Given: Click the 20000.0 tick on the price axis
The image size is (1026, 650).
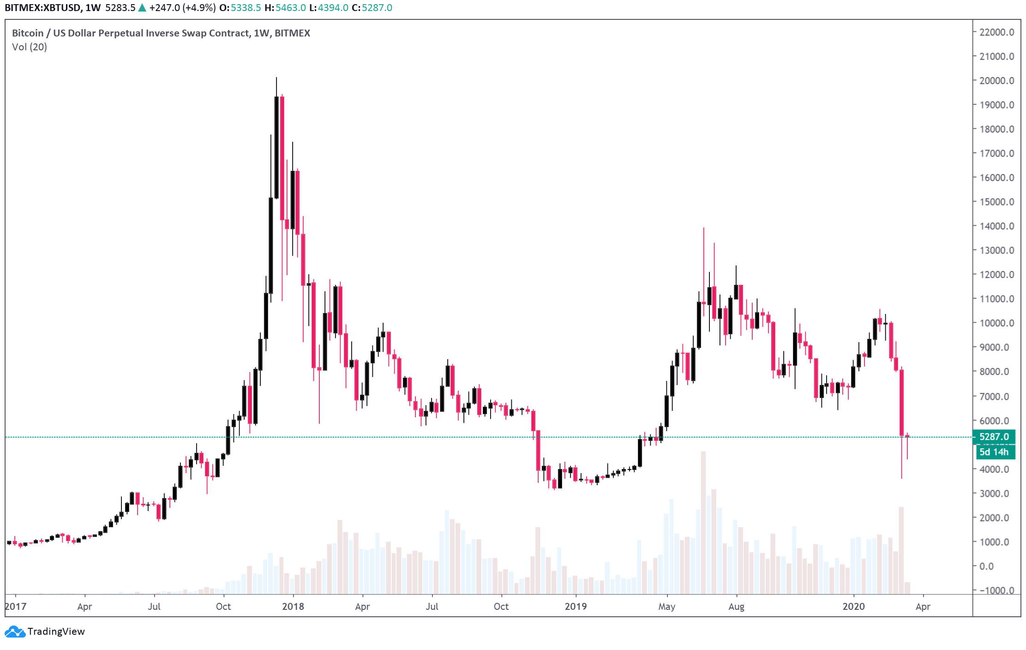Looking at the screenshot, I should (x=996, y=81).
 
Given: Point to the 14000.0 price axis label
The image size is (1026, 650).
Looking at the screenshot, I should (x=996, y=226).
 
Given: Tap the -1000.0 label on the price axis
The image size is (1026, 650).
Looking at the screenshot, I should (x=996, y=590).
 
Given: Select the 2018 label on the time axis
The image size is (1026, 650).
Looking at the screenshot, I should (x=293, y=607).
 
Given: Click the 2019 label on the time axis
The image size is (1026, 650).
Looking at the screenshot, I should (x=576, y=607).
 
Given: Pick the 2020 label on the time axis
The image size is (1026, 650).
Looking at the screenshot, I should (x=853, y=607).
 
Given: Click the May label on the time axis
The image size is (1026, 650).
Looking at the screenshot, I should (x=666, y=607).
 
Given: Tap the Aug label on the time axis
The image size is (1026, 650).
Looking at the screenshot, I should (x=736, y=607).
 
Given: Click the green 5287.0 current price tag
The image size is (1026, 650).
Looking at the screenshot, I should (x=994, y=437).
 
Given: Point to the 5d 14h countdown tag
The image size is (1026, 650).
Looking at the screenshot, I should (x=994, y=452).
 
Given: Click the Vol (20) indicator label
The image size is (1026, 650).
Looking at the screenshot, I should (x=30, y=47).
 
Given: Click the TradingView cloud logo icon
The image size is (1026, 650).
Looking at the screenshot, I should (x=15, y=632).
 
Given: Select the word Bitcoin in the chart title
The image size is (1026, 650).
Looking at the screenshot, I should (x=28, y=33).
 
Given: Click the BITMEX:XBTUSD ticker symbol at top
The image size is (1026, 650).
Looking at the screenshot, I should (x=42, y=8).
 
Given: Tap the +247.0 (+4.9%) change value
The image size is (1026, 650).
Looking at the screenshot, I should (x=182, y=8).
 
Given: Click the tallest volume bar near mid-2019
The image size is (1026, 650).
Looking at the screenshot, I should (x=703, y=522).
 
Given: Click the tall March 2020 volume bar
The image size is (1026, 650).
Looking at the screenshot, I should (x=901, y=549).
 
